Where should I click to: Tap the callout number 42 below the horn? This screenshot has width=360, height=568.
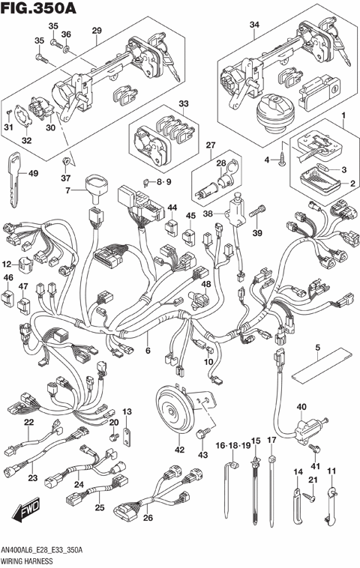point(178,451)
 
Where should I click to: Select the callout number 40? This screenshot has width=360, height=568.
point(301,408)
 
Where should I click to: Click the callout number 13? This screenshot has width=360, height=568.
point(127,411)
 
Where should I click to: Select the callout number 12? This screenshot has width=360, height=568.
point(6,264)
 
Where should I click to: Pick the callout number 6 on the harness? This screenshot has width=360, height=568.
point(148,351)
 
